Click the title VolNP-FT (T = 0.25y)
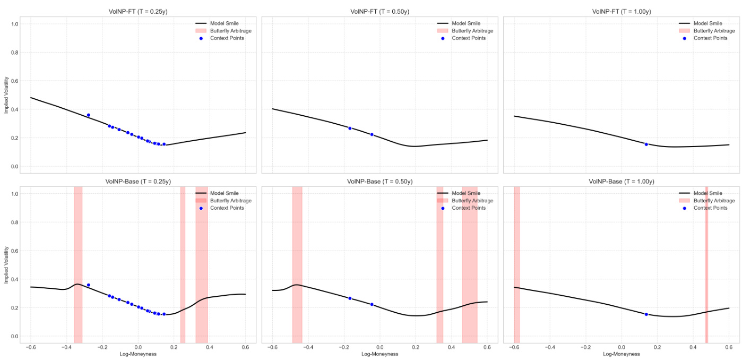pyautogui.click(x=137, y=12)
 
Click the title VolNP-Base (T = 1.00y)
pyautogui.click(x=622, y=181)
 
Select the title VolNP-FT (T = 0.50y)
pyautogui.click(x=379, y=12)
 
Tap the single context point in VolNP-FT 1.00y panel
pyautogui.click(x=646, y=144)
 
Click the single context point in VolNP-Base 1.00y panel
pyautogui.click(x=646, y=314)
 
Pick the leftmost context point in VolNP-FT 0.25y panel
pyautogui.click(x=89, y=115)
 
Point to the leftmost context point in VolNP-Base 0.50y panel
pyautogui.click(x=350, y=298)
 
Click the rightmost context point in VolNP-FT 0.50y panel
pyautogui.click(x=372, y=134)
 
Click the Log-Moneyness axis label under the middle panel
pyautogui.click(x=379, y=354)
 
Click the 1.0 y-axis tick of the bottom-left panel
pyautogui.click(x=15, y=194)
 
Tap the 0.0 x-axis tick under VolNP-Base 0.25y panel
pyautogui.click(x=137, y=347)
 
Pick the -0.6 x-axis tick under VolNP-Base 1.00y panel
pyautogui.click(x=513, y=347)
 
